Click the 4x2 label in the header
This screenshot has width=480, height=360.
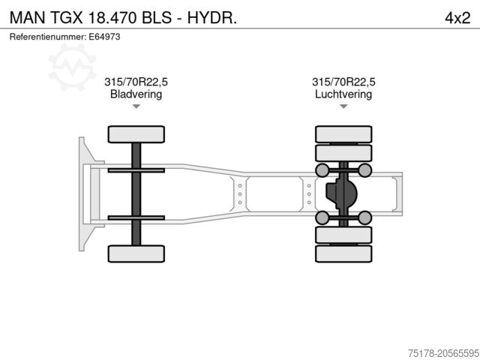457,17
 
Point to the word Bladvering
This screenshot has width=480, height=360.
136,94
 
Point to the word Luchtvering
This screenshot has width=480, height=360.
343,94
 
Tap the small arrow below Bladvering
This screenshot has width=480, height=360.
136,106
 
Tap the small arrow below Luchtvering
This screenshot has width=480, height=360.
343,106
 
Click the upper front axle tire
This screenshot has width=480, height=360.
136,134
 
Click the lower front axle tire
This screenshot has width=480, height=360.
136,253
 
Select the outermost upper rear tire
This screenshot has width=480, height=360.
343,134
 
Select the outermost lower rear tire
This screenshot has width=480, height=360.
343,253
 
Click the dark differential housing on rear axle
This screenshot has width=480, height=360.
341,193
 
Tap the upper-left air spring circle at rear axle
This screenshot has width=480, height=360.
322,169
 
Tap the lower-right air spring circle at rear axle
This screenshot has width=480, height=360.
365,217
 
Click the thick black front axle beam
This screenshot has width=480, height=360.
136,193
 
